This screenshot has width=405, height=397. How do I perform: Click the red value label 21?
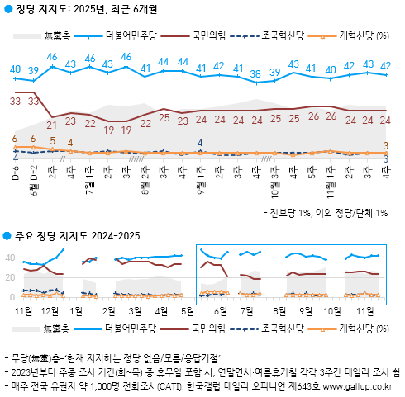click(x=52, y=125)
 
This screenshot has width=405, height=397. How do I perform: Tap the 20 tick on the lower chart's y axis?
click(x=11, y=277)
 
